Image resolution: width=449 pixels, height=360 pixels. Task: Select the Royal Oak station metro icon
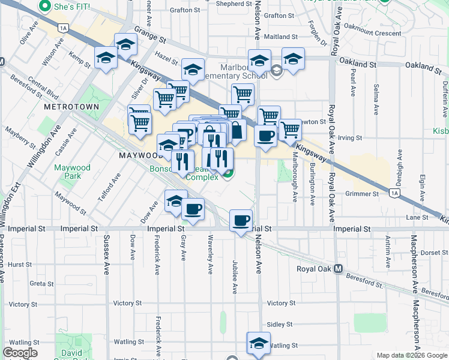tap(339, 268)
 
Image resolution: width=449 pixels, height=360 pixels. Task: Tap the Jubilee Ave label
tap(235, 277)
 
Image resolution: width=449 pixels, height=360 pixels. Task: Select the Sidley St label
tap(279, 324)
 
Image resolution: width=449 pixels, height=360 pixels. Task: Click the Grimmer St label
tap(362, 194)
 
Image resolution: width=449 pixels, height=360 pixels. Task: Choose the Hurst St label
tap(20, 264)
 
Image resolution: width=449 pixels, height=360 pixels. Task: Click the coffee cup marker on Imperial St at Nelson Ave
tap(241, 221)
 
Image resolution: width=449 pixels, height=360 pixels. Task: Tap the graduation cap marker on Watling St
tap(259, 343)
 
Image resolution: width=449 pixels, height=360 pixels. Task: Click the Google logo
tap(20, 353)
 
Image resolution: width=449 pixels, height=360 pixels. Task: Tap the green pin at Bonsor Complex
tap(228, 173)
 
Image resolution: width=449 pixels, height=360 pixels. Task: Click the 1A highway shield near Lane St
tap(394, 193)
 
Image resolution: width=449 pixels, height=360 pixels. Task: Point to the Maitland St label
tap(277, 37)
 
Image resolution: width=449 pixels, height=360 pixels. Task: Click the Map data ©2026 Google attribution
tap(412, 355)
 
